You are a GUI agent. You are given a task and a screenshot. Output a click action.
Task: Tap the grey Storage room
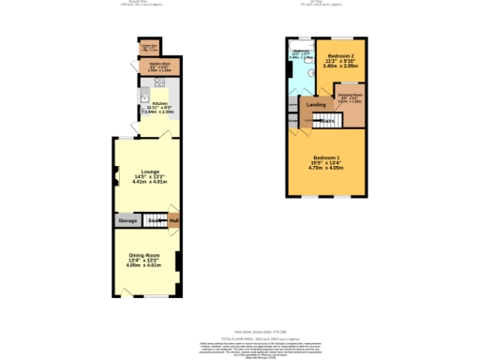click(x=127, y=220)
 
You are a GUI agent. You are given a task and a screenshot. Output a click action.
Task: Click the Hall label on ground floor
click(x=173, y=220)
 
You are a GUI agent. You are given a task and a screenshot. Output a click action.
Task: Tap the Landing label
click(x=317, y=105)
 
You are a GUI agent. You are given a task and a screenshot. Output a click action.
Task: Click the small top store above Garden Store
click(x=148, y=46)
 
